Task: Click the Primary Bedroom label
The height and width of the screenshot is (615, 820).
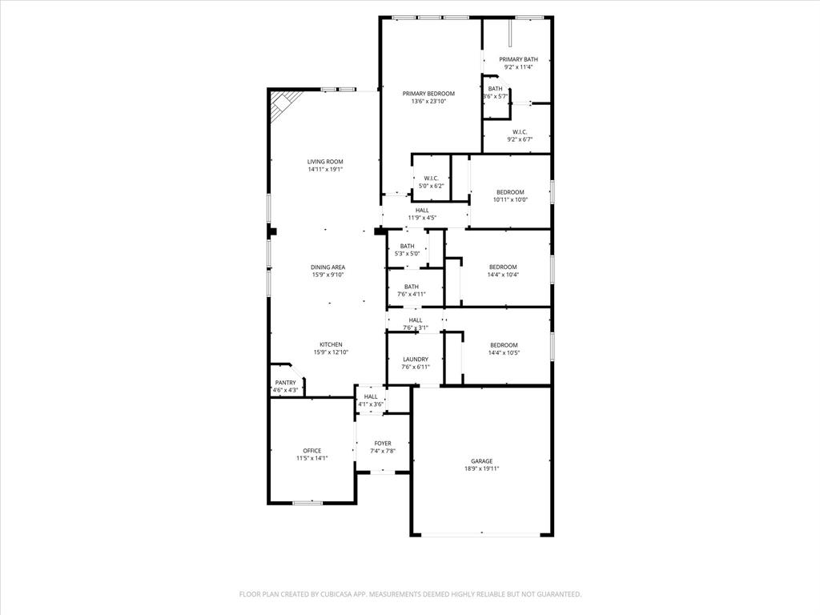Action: pyautogui.click(x=428, y=94)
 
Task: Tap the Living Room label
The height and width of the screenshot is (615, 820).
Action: pyautogui.click(x=325, y=162)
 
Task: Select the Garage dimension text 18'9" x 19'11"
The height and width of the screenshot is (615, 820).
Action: pyautogui.click(x=481, y=469)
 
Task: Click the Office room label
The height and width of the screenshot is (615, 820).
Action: pyautogui.click(x=312, y=451)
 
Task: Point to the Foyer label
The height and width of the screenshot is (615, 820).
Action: pyautogui.click(x=383, y=443)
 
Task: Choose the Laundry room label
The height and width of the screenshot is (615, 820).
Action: pyautogui.click(x=415, y=360)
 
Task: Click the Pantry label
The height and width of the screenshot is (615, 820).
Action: pyautogui.click(x=286, y=383)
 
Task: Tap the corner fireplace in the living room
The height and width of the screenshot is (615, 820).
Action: pyautogui.click(x=282, y=104)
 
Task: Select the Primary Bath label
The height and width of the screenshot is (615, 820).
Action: pyautogui.click(x=518, y=59)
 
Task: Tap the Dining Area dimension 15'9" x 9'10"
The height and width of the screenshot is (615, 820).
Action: pyautogui.click(x=328, y=275)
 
